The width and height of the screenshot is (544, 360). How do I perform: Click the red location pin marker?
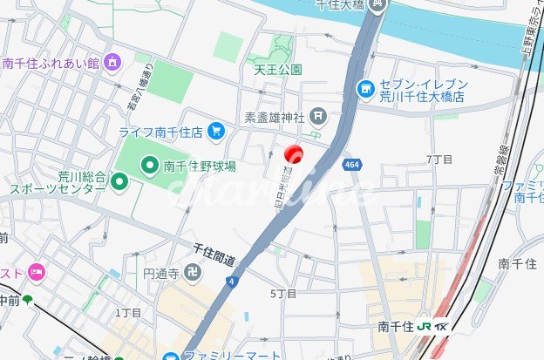(294, 153)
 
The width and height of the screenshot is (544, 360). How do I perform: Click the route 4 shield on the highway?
(231, 281)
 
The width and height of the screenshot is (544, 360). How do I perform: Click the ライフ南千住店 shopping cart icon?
(216, 132)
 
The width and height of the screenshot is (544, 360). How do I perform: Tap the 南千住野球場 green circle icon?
(150, 164)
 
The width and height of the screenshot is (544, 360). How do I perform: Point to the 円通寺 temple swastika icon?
(193, 274)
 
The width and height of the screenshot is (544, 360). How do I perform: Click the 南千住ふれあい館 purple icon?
(112, 62)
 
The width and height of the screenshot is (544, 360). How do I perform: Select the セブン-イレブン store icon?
(366, 88)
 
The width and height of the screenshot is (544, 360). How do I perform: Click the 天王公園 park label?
(278, 69)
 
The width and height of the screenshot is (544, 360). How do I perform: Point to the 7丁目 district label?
(439, 160)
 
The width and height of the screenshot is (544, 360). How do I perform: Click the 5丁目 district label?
(284, 294)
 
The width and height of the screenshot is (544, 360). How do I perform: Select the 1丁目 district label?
(128, 312)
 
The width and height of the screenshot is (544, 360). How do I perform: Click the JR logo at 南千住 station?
(425, 327)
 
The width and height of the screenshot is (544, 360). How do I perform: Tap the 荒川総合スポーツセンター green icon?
(120, 181)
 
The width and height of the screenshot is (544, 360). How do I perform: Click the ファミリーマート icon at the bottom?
(172, 356)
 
